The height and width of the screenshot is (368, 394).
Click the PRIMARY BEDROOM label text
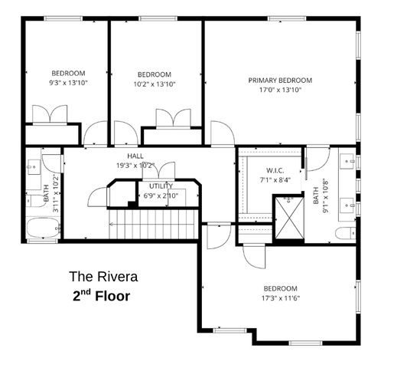tap(280, 80)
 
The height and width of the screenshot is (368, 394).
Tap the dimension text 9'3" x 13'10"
tap(68, 82)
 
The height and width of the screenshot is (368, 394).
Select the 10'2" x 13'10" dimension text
tap(155, 84)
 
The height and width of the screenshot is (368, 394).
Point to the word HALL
tap(135, 156)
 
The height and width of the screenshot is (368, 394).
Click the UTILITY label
tap(161, 186)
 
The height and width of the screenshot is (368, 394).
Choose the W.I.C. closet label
tap(275, 170)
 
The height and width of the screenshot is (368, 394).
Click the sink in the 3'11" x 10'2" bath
tap(34, 167)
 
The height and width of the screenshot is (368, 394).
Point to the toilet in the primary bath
tap(346, 232)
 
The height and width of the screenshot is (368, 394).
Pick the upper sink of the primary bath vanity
tap(347, 162)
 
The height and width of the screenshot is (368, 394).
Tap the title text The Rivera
tap(104, 277)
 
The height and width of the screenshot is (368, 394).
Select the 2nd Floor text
tap(103, 296)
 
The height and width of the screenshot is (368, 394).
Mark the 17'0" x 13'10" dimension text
tap(280, 90)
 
